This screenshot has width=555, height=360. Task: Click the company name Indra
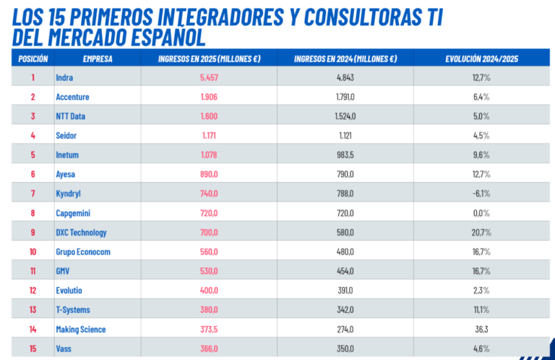click(64, 77)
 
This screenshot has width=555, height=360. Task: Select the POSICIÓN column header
click(33, 59)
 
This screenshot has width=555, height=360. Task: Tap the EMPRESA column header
click(98, 59)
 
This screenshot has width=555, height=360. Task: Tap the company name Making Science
click(81, 329)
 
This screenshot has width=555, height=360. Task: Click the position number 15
click(33, 348)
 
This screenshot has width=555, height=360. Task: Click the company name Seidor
click(66, 135)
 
